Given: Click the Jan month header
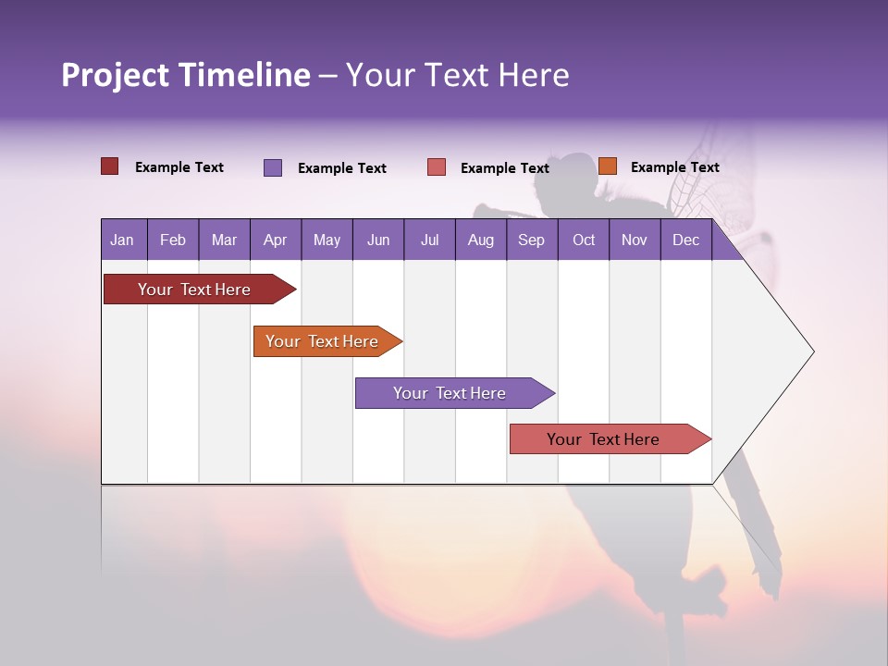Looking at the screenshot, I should [x=123, y=240].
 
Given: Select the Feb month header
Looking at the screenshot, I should [x=173, y=240].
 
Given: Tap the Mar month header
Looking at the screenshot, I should [x=224, y=240].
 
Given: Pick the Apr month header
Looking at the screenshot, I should [x=276, y=240].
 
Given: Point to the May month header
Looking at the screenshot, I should [x=327, y=240].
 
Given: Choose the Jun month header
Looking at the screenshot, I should [x=378, y=240].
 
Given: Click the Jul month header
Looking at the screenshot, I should [x=429, y=240].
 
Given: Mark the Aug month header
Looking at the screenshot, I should [x=481, y=240].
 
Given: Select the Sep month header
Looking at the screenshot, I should [x=532, y=240].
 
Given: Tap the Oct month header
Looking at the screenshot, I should [x=584, y=240].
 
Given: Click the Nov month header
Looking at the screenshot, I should [x=635, y=240].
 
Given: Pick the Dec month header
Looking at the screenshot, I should [x=686, y=240].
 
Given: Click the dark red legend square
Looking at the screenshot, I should [x=110, y=166].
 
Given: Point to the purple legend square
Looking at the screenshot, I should [x=273, y=167].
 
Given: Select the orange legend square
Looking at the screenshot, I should [x=608, y=166].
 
